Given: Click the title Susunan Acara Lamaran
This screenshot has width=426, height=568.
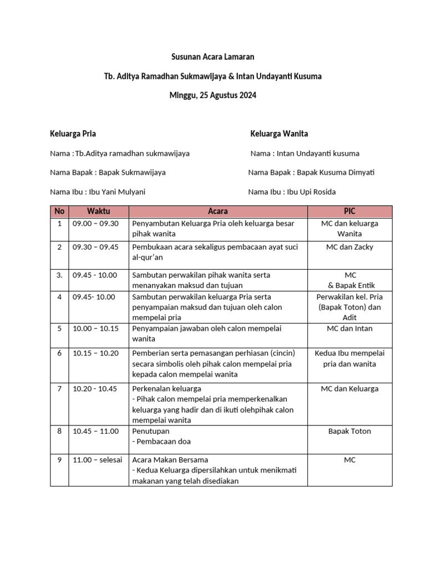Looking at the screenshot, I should [x=212, y=57].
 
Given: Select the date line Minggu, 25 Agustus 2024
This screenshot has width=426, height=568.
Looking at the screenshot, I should [x=212, y=95].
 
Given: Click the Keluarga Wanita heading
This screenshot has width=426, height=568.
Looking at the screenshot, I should [x=279, y=134].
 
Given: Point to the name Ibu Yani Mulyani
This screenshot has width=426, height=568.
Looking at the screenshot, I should [x=116, y=192].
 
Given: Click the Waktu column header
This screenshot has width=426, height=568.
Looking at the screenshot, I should [x=98, y=211].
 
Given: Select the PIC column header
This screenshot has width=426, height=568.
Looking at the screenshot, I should [x=349, y=211].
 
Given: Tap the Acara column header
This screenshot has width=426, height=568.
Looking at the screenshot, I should [x=217, y=211].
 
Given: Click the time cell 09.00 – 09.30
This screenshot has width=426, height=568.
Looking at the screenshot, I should [x=95, y=224].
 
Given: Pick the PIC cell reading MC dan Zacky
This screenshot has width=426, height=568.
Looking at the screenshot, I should [x=349, y=247].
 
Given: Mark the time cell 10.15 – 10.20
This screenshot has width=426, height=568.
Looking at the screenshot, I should [x=95, y=353].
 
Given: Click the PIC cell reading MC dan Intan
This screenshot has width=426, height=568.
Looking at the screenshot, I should [x=349, y=328].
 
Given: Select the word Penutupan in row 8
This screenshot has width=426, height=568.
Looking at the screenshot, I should [x=151, y=431].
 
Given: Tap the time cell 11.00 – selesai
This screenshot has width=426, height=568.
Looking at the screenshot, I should [x=97, y=460].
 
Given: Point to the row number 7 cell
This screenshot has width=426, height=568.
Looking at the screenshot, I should [x=59, y=389].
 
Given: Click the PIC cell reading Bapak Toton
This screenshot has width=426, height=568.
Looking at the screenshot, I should [x=349, y=431].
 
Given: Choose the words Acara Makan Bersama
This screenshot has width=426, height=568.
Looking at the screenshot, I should [x=170, y=460].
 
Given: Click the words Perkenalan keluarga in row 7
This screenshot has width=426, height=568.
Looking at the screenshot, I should [x=166, y=389].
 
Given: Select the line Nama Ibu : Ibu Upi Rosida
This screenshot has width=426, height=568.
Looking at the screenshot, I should [x=292, y=192].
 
